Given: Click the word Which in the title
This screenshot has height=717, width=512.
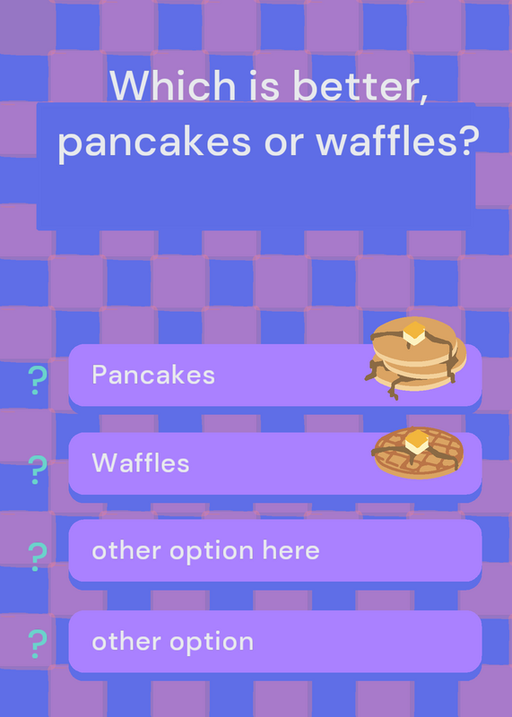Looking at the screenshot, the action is (x=172, y=85).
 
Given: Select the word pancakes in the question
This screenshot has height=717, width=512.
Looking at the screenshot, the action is (x=154, y=143).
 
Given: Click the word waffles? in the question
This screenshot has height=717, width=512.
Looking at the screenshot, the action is (x=397, y=140).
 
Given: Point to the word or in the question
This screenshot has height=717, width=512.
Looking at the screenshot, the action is (x=283, y=145).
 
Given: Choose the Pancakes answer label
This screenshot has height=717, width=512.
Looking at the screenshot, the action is (x=153, y=375).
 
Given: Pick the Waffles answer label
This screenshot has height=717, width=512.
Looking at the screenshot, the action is (x=141, y=463).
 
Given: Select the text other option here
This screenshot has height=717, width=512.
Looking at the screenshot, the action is (x=205, y=550).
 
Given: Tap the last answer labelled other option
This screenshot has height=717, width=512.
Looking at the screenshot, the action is (x=172, y=642).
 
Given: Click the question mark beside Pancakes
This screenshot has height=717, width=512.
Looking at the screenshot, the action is (x=38, y=380).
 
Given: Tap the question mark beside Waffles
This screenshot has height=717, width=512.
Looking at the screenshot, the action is (x=38, y=470).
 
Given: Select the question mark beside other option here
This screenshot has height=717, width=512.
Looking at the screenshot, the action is (x=38, y=557).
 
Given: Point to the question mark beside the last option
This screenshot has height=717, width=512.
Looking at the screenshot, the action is (x=38, y=644).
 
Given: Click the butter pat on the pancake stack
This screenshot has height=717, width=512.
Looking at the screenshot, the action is (x=414, y=333).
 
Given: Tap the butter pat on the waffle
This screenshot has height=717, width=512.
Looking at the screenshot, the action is (x=417, y=441).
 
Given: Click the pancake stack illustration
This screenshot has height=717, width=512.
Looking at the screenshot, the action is (x=415, y=358).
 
